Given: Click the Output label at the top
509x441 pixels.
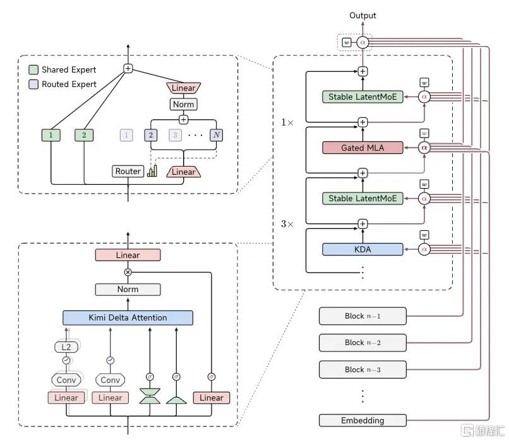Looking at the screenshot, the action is [362, 15].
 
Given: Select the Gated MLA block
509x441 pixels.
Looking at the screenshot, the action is [362, 148].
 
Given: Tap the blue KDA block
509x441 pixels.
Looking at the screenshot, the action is [362, 249].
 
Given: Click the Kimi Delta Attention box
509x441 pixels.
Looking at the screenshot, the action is [128, 318].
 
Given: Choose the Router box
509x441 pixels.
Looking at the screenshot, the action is [128, 171].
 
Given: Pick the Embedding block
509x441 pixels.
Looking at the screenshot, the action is [362, 420].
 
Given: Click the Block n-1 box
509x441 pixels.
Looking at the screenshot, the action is [362, 316].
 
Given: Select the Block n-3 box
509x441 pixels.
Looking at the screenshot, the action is [362, 369].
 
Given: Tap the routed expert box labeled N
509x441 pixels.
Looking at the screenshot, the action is [217, 135].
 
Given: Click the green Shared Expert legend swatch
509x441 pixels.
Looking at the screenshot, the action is [33, 70].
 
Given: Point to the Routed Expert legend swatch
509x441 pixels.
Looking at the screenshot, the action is [33, 85].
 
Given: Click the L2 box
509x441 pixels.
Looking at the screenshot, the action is [66, 347].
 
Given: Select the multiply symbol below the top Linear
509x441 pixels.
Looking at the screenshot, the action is [128, 273].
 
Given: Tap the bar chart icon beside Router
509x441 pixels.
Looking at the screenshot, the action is [152, 171].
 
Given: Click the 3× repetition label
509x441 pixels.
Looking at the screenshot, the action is [287, 224].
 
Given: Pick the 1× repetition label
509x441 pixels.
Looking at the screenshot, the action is [287, 122].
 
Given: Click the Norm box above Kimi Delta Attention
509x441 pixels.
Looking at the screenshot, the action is [128, 289].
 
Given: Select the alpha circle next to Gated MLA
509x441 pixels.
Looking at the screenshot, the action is [424, 148].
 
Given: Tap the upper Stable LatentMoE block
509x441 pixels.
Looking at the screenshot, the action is [362, 97].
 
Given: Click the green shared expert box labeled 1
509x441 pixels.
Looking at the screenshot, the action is [51, 135].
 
